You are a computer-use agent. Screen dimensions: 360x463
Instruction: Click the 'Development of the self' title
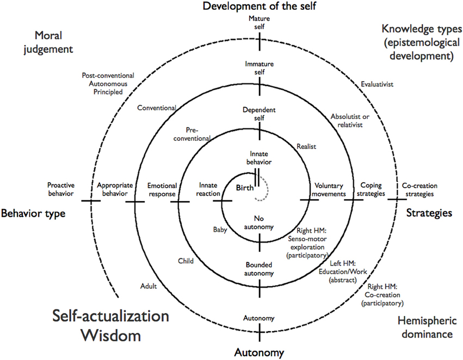point(259,7)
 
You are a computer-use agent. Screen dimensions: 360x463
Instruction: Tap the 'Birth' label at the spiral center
point(245,187)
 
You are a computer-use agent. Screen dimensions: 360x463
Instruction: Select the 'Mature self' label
point(259,22)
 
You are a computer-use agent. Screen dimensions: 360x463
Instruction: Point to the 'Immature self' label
point(260,67)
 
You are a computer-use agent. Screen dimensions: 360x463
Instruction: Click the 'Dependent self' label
point(260,113)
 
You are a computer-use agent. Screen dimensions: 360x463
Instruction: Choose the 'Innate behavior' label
point(260,158)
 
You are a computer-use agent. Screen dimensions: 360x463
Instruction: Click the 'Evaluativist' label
point(377,84)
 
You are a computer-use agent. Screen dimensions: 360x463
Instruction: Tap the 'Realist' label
point(306,146)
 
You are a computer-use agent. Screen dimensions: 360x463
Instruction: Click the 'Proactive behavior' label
point(60,189)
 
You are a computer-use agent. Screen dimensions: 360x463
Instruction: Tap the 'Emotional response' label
point(162,189)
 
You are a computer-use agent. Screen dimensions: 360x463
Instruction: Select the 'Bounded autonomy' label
point(259,270)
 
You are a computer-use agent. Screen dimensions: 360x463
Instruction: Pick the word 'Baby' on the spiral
point(220,230)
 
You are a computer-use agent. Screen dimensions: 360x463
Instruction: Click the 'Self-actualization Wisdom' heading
point(110,325)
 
